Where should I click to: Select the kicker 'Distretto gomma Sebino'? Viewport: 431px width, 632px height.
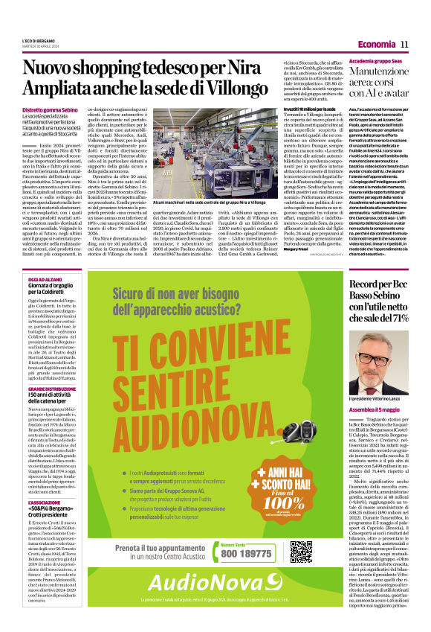(x=51, y=109)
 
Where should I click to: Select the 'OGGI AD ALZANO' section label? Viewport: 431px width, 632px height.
(x=44, y=258)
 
